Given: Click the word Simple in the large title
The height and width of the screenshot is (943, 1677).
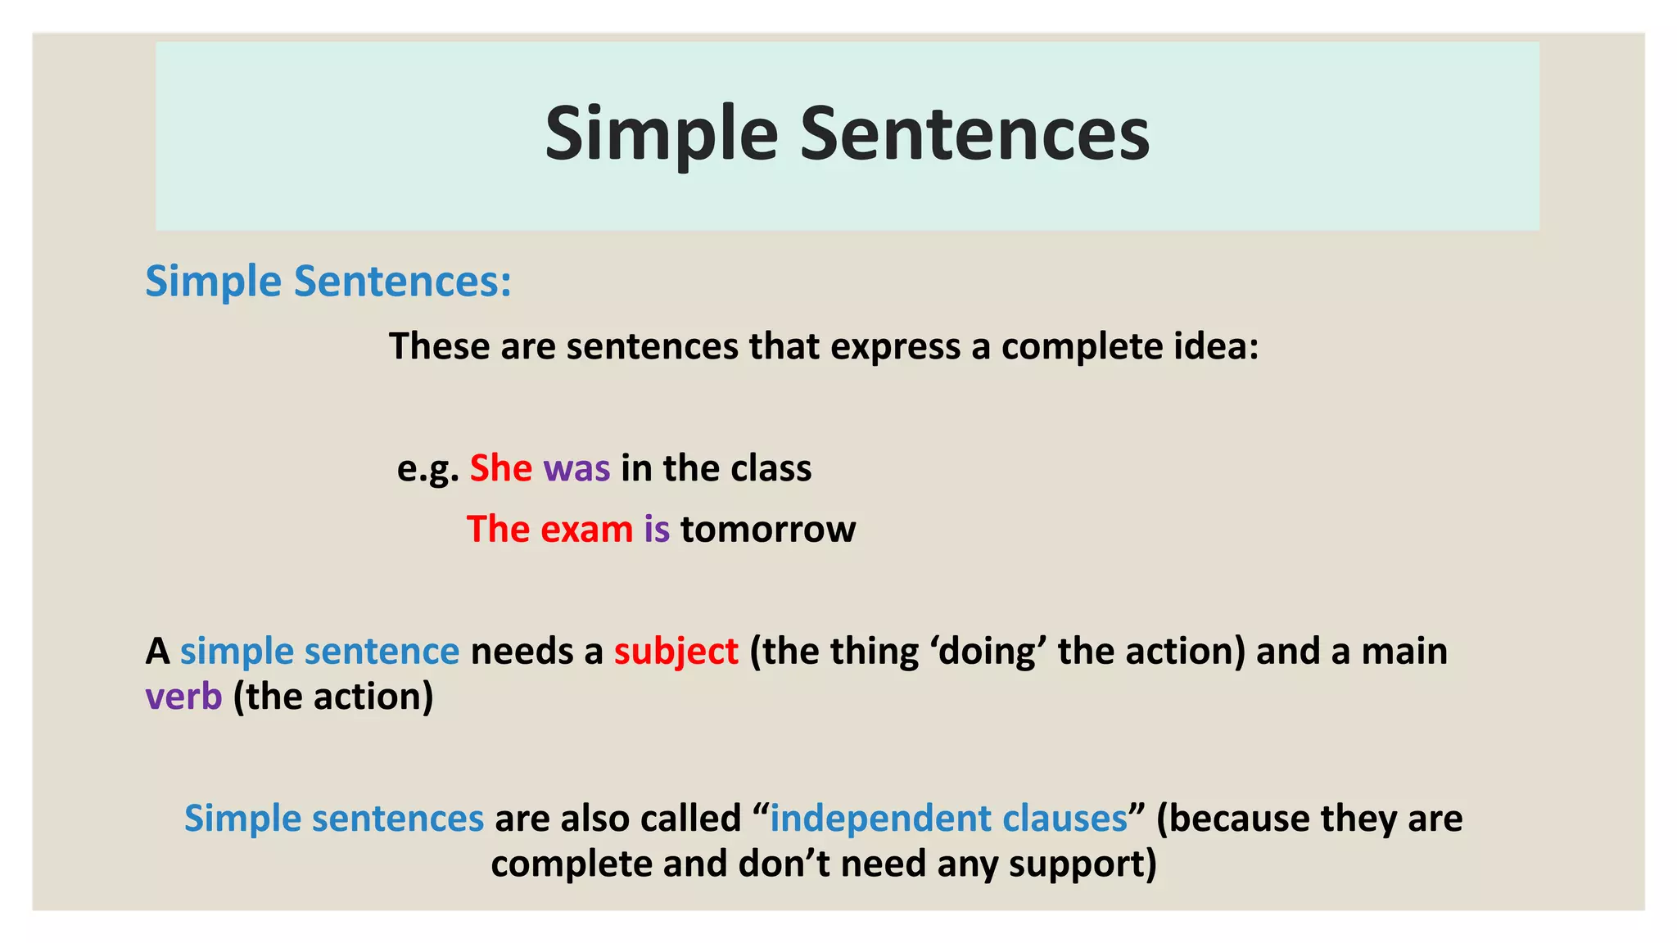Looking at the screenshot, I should (660, 135).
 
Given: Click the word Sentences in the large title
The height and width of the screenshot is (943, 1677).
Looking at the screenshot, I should (974, 135).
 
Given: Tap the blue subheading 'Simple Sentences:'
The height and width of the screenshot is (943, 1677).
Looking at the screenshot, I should (328, 282).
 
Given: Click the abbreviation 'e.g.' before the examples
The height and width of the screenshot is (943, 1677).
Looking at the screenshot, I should (427, 469).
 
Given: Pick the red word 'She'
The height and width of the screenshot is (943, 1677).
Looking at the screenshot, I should (500, 468).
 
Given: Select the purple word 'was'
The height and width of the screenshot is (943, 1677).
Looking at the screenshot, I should (576, 469).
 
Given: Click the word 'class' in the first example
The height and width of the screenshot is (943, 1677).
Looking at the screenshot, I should (771, 468).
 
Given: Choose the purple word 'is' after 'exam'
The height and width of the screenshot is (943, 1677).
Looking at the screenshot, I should (657, 530).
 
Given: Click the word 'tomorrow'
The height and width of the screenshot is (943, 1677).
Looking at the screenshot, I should (768, 530).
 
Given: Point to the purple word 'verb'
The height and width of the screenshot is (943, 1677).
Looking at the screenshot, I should (183, 697).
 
